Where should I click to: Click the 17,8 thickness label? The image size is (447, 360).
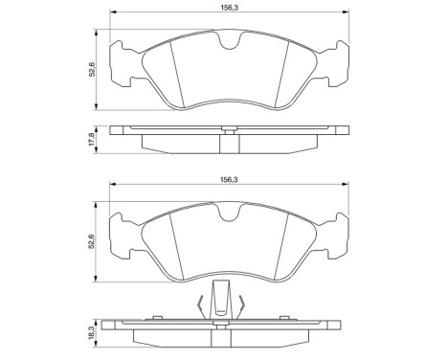93,139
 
